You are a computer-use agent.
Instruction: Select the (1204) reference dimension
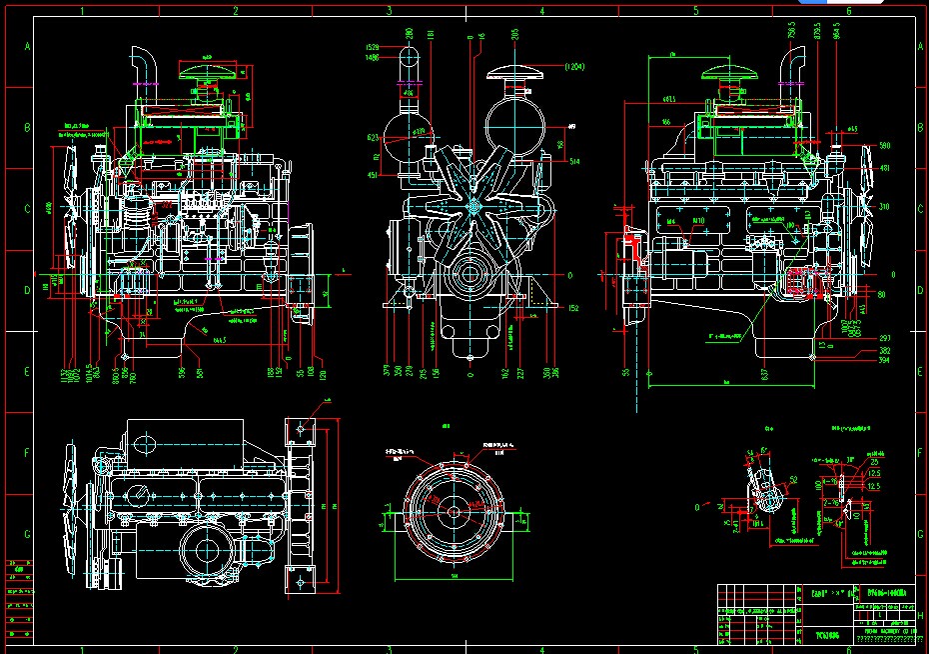573,67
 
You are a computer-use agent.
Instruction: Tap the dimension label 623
372,138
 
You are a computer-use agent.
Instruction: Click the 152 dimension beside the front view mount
573,308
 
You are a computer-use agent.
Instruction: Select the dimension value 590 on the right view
884,146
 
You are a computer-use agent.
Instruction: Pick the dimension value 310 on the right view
884,207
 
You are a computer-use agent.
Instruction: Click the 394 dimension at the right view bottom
884,361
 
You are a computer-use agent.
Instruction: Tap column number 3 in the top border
388,10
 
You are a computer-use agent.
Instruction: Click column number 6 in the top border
848,10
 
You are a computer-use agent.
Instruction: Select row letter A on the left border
27,47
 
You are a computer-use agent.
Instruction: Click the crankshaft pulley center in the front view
469,272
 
